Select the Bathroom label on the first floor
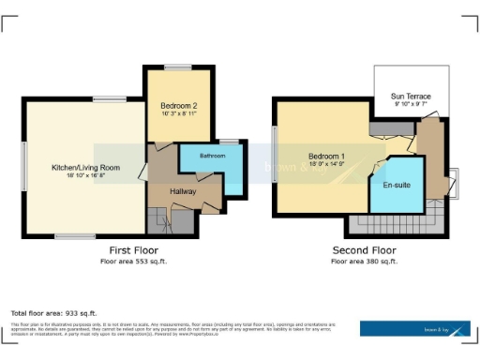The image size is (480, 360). (x=212, y=155)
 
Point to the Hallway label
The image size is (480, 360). (x=182, y=190)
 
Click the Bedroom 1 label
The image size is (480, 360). (x=327, y=155)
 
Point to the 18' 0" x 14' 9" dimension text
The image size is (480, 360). (x=327, y=163)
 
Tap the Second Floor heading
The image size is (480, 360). (x=364, y=250)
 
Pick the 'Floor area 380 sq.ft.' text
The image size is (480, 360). (x=364, y=261)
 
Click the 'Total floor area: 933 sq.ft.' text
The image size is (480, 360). (x=53, y=312)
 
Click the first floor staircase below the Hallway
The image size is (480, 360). (x=160, y=221)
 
